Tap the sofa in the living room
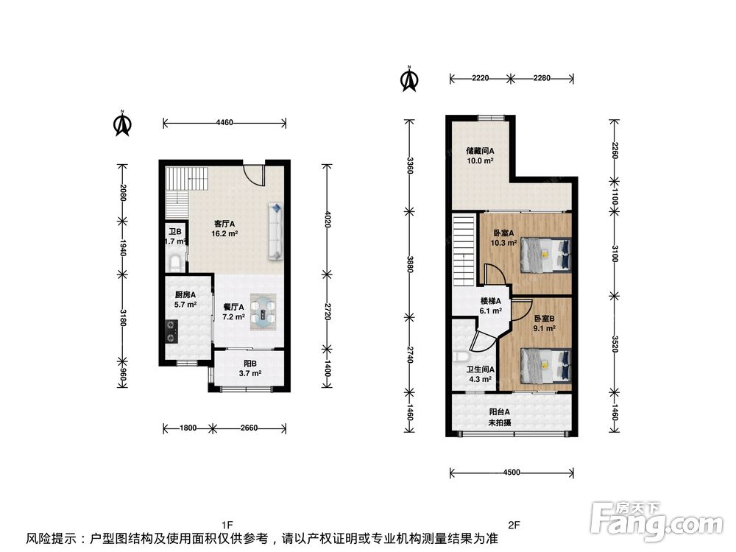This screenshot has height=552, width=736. coord(275,230)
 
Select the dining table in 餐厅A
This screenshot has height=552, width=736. coord(263,311)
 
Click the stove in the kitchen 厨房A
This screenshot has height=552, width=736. coord(171,331)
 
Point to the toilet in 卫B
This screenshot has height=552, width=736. coord(175,263)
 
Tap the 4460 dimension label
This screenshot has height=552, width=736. coord(224,122)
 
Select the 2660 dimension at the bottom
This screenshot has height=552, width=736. coord(249,428)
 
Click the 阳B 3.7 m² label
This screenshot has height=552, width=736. coord(250,369)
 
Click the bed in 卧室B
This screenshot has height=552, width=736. coord(545,365)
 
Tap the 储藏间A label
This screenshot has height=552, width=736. coord(480,151)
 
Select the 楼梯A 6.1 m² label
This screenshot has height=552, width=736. coord(490,305)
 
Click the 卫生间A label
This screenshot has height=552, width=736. coord(480,369)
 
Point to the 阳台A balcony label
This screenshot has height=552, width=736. coord(500,411)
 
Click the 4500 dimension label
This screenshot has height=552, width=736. coord(512,473)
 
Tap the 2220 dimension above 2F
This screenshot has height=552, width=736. coord(480,78)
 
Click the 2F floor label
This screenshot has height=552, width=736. coord(514,524)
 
